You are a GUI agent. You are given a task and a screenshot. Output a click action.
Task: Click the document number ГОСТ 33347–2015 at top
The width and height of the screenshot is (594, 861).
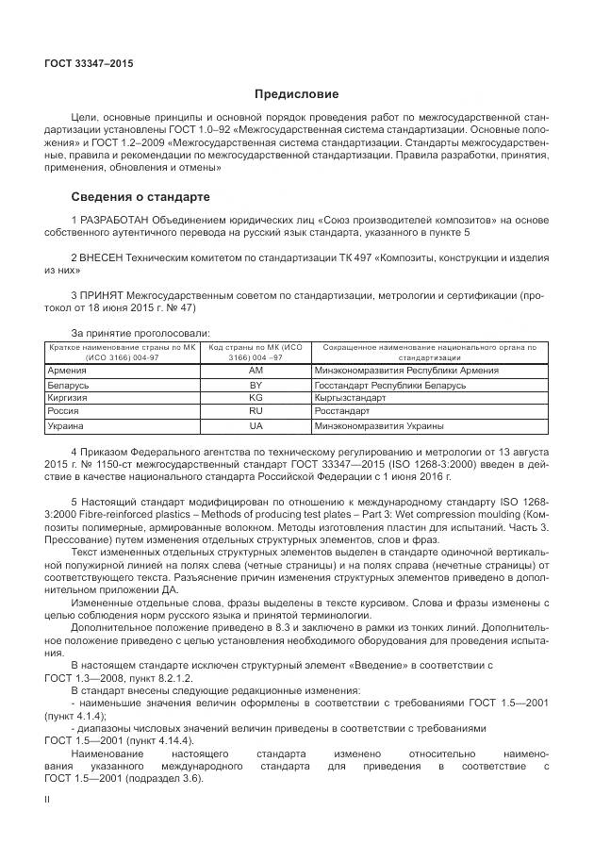(89, 63)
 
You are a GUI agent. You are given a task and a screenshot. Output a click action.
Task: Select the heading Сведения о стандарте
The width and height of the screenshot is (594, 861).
(140, 197)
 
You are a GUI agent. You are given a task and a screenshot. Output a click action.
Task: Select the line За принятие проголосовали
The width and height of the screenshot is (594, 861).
(140, 332)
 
